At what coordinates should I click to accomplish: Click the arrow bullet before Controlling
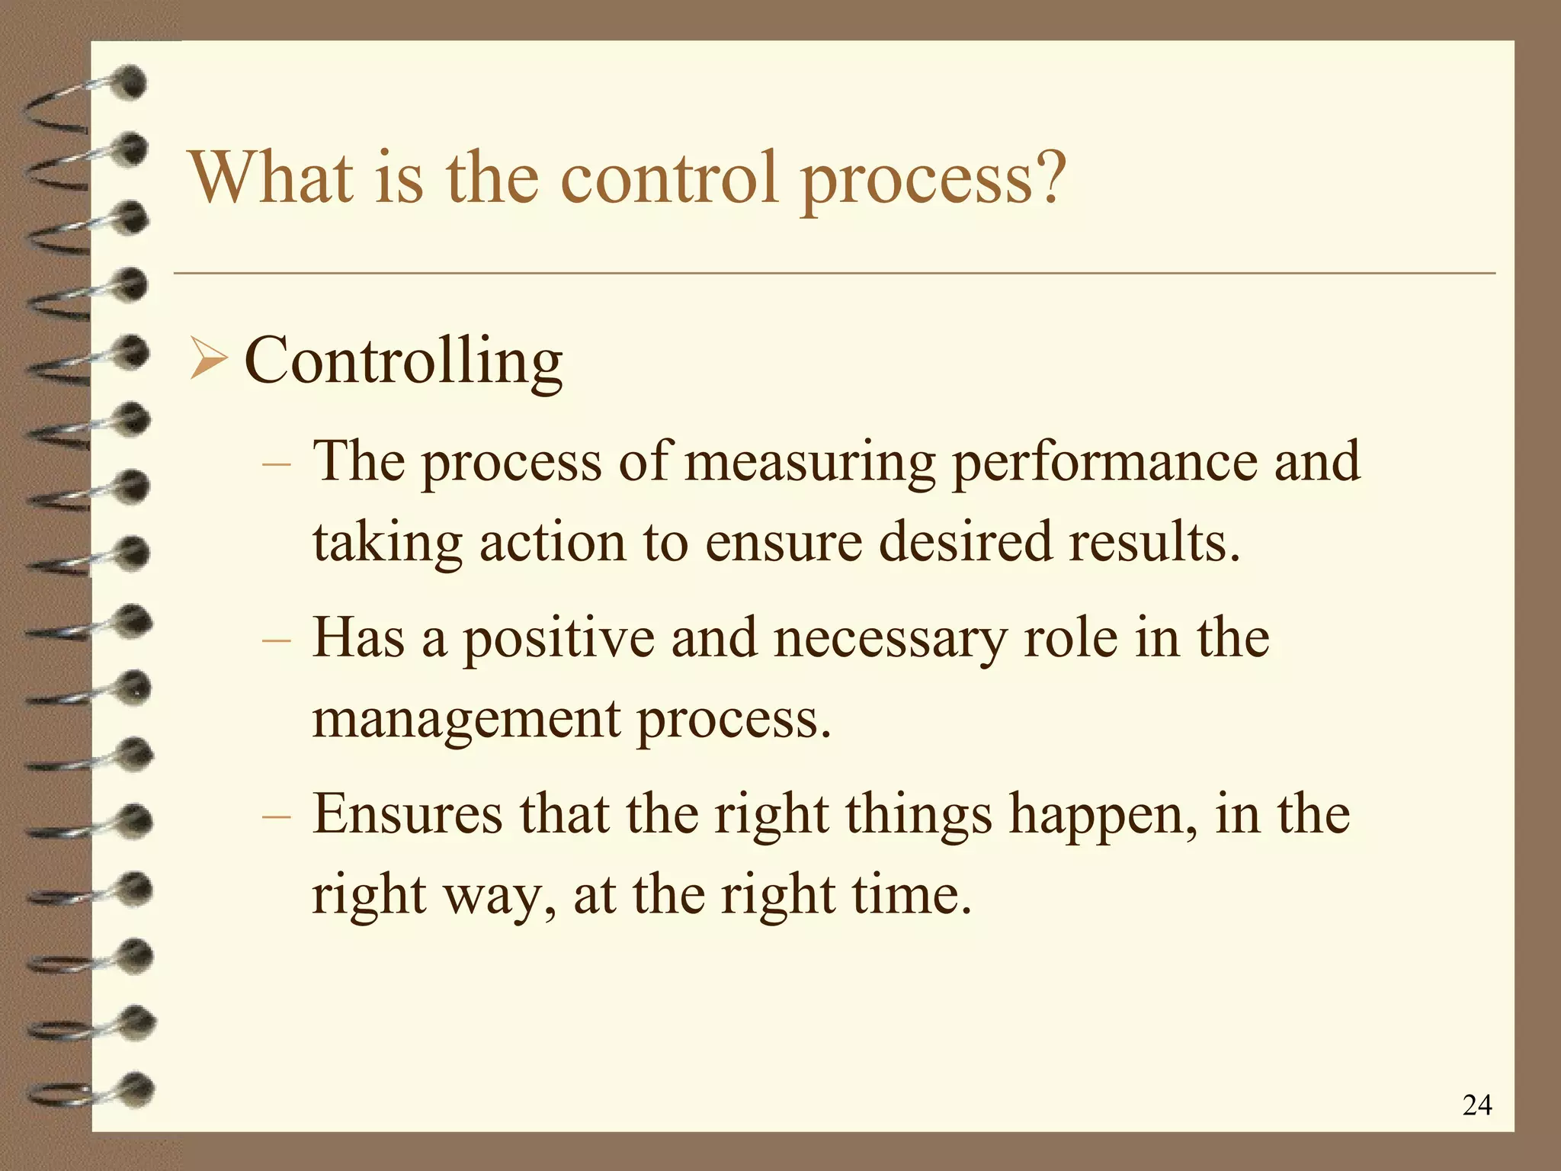(x=207, y=361)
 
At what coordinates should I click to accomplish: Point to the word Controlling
(x=403, y=361)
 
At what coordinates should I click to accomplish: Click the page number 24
(x=1476, y=1105)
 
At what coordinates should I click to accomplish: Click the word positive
(x=559, y=639)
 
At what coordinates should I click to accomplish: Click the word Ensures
(x=407, y=814)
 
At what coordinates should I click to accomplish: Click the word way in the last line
(x=500, y=895)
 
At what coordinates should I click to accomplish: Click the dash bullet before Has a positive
(x=275, y=640)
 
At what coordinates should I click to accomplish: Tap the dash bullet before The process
(x=275, y=464)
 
